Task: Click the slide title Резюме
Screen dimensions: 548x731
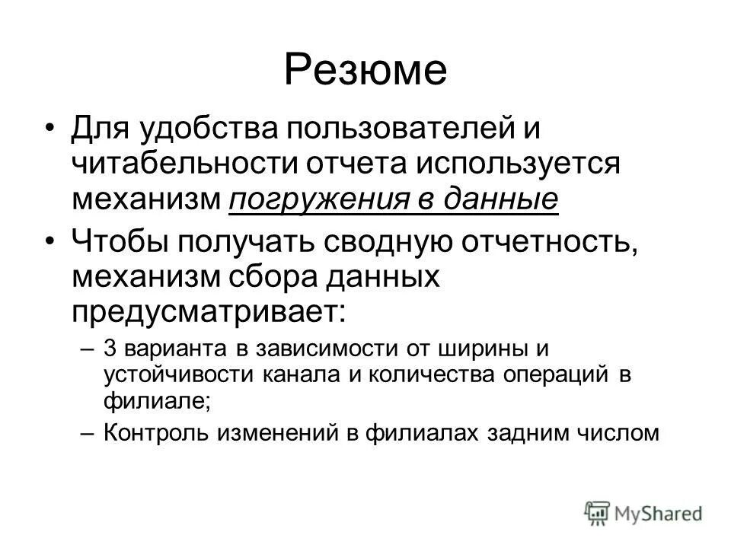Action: (365, 70)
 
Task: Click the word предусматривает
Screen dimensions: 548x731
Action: (203, 312)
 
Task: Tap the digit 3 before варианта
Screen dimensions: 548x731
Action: (109, 348)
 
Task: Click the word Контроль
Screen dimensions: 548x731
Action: (157, 433)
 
